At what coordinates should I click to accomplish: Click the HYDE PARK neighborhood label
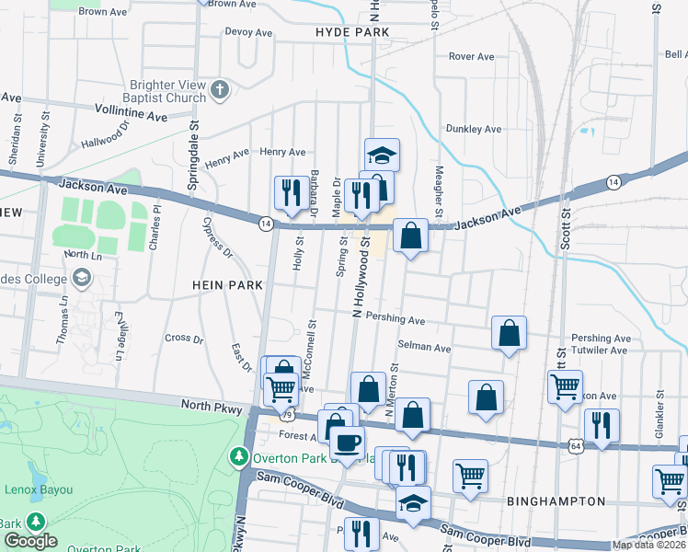tap(352, 32)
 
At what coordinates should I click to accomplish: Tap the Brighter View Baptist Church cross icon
tap(219, 90)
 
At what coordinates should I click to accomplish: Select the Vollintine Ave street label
tap(131, 113)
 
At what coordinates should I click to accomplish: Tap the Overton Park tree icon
tap(239, 455)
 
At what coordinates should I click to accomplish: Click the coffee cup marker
tap(348, 443)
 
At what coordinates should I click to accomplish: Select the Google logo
tap(30, 541)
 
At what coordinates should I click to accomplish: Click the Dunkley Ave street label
tap(473, 130)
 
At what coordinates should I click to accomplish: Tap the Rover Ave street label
tap(472, 57)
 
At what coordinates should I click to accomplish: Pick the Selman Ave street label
tap(424, 348)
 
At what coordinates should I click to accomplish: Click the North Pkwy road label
tap(212, 405)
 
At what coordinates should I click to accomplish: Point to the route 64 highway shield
tap(575, 445)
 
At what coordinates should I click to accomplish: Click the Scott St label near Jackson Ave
tap(566, 226)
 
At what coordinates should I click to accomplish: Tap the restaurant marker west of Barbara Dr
tap(291, 192)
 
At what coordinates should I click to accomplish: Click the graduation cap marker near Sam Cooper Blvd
tap(413, 504)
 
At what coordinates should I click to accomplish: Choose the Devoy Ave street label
tap(248, 32)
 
